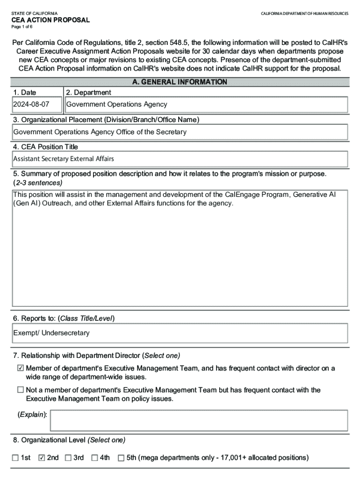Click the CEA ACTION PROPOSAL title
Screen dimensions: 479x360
pos(50,20)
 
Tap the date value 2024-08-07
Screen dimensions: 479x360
pos(31,104)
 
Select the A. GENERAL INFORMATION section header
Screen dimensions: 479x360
pos(180,82)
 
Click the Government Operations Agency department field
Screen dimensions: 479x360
pos(117,104)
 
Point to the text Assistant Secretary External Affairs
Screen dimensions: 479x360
pos(64,159)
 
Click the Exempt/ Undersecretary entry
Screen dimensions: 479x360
pos(51,333)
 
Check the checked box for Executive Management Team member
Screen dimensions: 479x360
pos(20,369)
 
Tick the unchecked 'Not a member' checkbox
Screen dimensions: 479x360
pos(20,390)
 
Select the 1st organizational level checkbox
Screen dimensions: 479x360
pos(15,457)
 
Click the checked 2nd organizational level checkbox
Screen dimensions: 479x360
pos(42,457)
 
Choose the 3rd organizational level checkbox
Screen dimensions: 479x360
pos(68,457)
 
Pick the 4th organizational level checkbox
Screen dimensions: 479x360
pos(94,457)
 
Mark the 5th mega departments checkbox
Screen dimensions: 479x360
pos(121,457)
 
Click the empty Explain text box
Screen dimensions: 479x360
pos(199,420)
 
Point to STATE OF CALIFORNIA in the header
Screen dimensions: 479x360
pos(35,13)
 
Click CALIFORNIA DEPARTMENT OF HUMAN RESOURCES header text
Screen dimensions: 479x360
pos(304,13)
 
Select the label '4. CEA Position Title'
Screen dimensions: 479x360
pos(46,147)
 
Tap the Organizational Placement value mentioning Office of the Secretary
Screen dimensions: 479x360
pos(100,132)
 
